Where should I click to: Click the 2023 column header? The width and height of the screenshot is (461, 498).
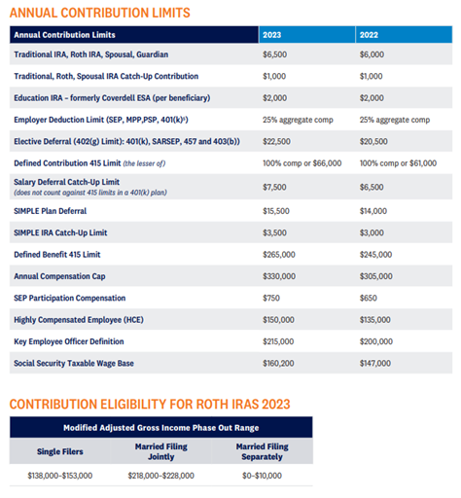pos(271,35)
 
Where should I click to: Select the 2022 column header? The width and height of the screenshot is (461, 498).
pos(369,35)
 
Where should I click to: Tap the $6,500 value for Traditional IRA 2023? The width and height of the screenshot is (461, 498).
pos(274,54)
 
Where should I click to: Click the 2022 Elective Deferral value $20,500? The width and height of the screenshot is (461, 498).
pos(373,141)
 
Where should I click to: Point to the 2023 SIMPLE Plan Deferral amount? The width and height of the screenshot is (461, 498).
pos(276,211)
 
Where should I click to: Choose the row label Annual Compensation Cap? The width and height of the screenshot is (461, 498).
pos(59,276)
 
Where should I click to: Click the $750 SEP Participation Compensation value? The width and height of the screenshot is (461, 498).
pos(271,298)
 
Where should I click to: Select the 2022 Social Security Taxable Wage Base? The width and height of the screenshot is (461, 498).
pos(375,363)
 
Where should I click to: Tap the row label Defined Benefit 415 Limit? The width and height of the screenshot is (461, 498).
pos(57,255)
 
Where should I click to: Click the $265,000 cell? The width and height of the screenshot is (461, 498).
pos(279,255)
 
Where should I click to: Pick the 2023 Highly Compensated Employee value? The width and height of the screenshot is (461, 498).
pos(278,320)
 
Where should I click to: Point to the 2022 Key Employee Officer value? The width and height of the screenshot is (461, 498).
pos(376,341)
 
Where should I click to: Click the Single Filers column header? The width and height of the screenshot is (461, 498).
pos(60,451)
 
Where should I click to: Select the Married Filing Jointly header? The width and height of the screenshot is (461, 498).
pos(161,451)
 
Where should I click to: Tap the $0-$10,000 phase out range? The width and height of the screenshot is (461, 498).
pos(262,476)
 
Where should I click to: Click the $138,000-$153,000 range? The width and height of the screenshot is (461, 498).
pos(60,476)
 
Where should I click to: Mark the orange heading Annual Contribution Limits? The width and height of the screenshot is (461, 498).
pos(100,13)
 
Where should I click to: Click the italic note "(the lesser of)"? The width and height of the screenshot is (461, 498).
pos(144,163)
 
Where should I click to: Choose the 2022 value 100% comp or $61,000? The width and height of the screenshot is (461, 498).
pos(398,163)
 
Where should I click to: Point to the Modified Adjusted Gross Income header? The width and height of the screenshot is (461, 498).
pos(161,428)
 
